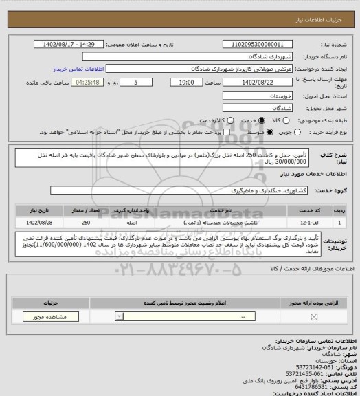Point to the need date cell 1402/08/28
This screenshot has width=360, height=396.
[34, 222]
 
